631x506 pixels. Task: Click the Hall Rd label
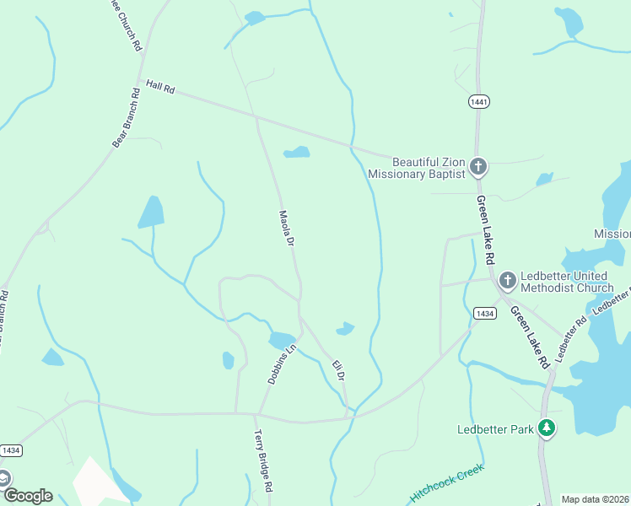pyautogui.click(x=159, y=86)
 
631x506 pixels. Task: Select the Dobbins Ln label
pyautogui.click(x=283, y=365)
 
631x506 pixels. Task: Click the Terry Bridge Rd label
pyautogui.click(x=263, y=461)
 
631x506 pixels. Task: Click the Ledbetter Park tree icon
pyautogui.click(x=547, y=428)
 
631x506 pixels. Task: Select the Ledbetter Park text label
pyautogui.click(x=495, y=429)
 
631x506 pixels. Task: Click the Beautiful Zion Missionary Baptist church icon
pyautogui.click(x=478, y=166)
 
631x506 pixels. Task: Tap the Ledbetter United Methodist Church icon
pyautogui.click(x=507, y=279)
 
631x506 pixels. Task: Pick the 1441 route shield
pyautogui.click(x=478, y=101)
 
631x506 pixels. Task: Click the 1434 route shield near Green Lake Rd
pyautogui.click(x=484, y=313)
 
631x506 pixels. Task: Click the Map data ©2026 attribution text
pyautogui.click(x=595, y=499)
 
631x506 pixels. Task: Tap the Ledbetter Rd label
pyautogui.click(x=570, y=335)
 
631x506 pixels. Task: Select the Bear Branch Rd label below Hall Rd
pyautogui.click(x=126, y=118)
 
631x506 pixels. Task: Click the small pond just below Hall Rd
pyautogui.click(x=297, y=153)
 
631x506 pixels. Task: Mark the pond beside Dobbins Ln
pyautogui.click(x=281, y=341)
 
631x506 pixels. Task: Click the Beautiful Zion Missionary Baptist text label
pyautogui.click(x=417, y=168)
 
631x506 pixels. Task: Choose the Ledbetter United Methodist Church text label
pyautogui.click(x=567, y=282)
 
